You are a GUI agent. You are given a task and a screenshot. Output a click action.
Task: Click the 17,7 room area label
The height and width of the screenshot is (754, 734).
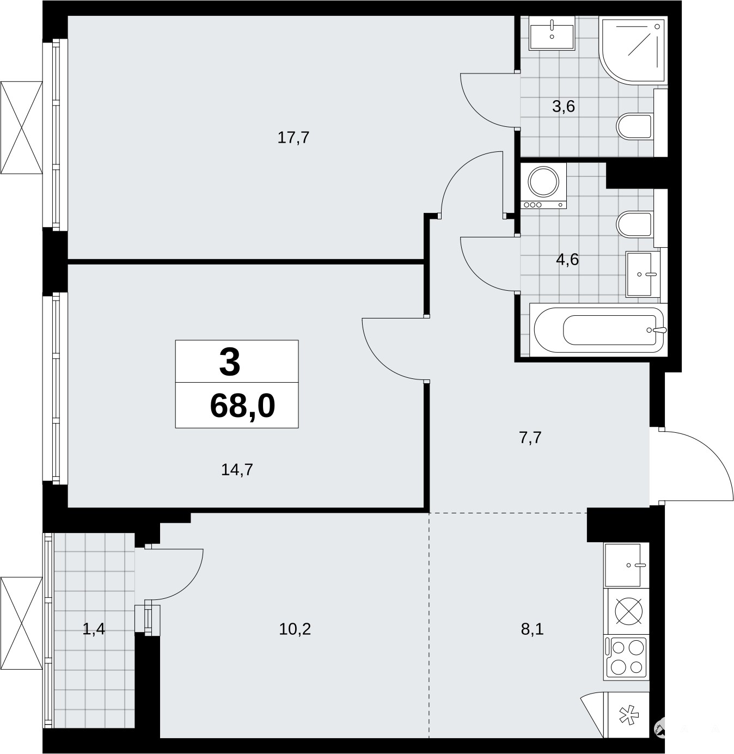293,138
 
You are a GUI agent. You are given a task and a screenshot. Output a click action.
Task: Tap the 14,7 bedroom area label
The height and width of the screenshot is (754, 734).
237,470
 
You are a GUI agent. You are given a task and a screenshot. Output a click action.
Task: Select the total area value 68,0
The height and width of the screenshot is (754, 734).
243,406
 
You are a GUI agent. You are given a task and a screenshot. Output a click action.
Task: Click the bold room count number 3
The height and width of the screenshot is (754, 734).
230,362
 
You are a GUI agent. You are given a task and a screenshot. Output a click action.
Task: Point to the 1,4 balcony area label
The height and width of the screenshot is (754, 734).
94,629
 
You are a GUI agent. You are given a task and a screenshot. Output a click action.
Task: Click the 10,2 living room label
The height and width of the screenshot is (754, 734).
295,629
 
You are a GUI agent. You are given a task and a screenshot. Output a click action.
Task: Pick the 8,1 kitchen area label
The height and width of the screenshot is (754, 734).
533,629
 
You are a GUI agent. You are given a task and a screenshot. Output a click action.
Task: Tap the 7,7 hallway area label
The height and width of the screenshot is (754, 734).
530,438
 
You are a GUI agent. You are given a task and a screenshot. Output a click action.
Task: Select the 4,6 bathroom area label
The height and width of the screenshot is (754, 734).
567,259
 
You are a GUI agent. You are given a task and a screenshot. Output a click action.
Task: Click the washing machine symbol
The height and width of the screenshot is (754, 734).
543,186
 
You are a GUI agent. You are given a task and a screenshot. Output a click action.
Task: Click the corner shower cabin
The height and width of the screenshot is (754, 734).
633,51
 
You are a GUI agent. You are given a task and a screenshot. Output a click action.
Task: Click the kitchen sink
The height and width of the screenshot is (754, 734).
626,565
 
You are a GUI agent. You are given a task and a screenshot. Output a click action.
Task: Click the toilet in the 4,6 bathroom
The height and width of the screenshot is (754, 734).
635,224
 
